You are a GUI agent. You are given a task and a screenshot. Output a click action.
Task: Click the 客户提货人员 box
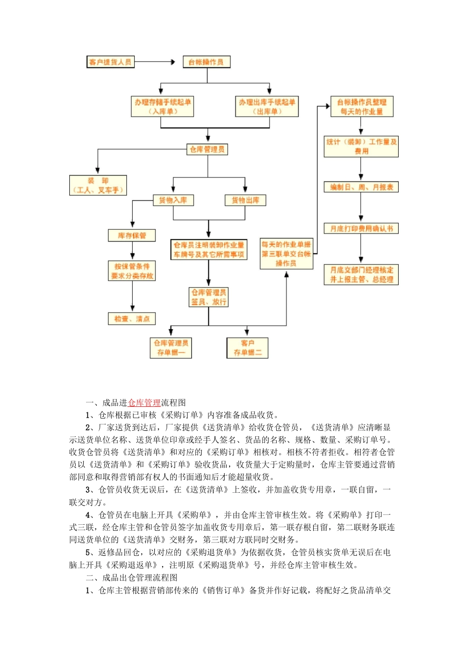click(x=110, y=62)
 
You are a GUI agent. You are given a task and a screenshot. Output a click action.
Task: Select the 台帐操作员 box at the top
click(x=206, y=62)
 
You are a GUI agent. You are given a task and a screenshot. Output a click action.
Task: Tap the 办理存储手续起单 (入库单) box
click(x=163, y=107)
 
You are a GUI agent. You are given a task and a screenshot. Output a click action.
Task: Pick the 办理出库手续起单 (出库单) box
click(x=267, y=107)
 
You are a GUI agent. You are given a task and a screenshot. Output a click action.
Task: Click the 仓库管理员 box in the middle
click(x=207, y=150)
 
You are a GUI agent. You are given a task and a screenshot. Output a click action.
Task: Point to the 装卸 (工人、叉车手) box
click(x=98, y=185)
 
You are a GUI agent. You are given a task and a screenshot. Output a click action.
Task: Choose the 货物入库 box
click(x=173, y=200)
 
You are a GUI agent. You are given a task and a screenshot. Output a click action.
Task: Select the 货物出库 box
click(x=245, y=200)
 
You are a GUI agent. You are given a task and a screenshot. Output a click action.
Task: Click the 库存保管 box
click(x=132, y=236)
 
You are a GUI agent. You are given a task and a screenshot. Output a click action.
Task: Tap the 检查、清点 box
click(x=132, y=319)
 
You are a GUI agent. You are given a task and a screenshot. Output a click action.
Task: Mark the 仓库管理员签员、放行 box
click(x=209, y=297)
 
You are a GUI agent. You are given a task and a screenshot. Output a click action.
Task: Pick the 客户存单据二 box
click(x=248, y=348)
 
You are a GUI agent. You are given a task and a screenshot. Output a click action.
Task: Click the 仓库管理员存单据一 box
click(x=171, y=348)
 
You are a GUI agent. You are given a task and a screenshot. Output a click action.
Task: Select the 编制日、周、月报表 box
click(x=361, y=187)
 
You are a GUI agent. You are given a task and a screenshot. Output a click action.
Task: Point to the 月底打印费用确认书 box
click(x=361, y=229)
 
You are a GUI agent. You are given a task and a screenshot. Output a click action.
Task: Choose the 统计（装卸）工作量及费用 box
click(x=361, y=147)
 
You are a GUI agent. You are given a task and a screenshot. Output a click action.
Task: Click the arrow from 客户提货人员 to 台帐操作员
click(x=154, y=62)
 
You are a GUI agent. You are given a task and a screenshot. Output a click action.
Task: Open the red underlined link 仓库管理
click(x=144, y=403)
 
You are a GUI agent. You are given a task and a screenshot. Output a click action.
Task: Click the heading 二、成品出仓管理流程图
click(x=132, y=578)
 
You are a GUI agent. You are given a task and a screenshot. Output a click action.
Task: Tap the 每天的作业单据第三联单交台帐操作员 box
click(x=286, y=254)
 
